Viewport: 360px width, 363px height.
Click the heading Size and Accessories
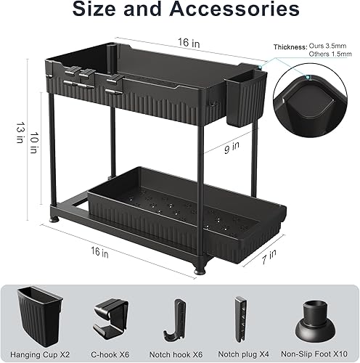(x=179, y=11)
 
